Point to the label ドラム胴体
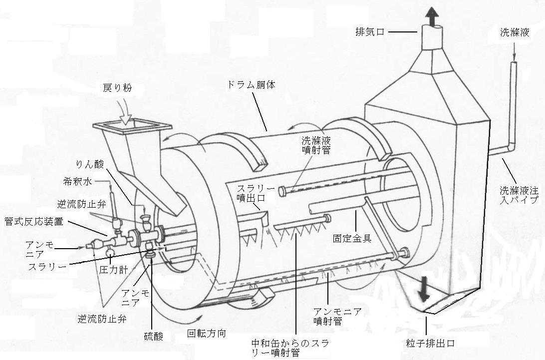point(253,85)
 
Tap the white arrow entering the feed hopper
point(125,117)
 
